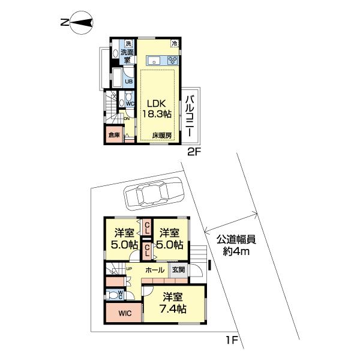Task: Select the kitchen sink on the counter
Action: tap(154, 60)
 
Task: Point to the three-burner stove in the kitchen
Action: tap(173, 60)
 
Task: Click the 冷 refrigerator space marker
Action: tap(175, 44)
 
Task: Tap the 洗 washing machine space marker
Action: tap(128, 44)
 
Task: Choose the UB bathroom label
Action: tap(128, 82)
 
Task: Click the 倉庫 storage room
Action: tap(114, 136)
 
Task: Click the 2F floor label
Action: tap(193, 152)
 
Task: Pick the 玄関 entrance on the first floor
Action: tap(179, 270)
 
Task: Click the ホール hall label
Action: tap(154, 271)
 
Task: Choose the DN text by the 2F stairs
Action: tap(127, 118)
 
